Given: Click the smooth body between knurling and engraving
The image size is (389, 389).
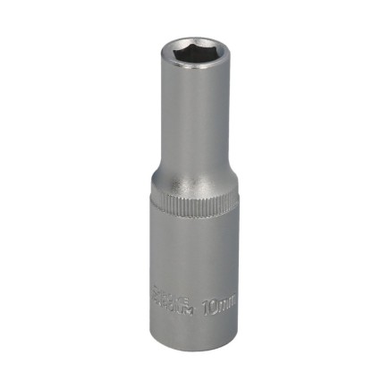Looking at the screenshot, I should tap(190, 255).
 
